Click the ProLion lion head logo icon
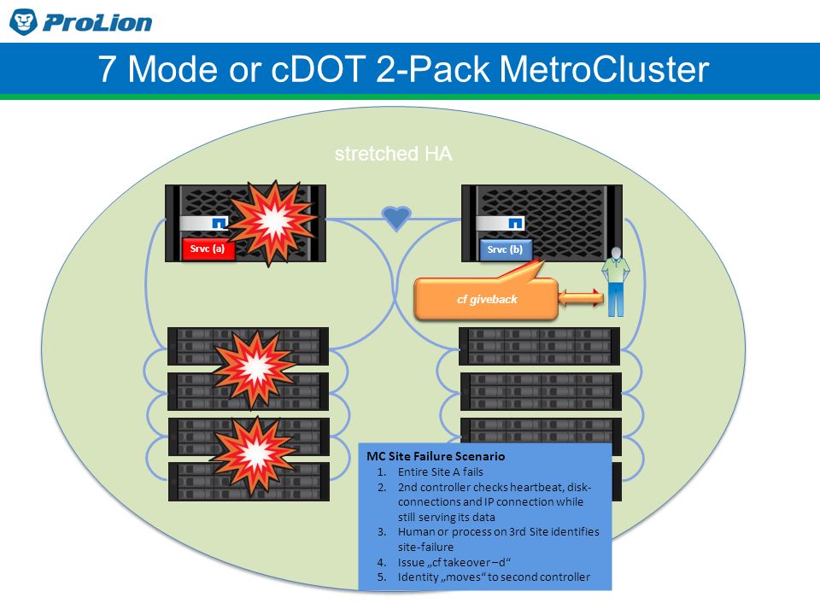tap(24, 22)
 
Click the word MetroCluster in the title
tap(604, 69)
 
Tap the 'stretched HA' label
tap(393, 154)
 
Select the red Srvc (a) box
tap(208, 249)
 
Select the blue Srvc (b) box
tap(505, 250)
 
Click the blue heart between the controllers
tap(396, 217)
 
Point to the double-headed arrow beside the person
tap(581, 298)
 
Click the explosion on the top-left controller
tap(272, 222)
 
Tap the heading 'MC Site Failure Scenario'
tap(436, 456)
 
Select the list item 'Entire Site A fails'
tap(441, 471)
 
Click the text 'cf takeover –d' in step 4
tap(454, 562)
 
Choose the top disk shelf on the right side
tap(539, 346)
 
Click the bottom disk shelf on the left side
tap(249, 482)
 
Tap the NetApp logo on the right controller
tap(515, 223)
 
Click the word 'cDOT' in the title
tap(318, 69)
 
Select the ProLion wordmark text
tap(97, 22)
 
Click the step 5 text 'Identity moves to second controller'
tap(494, 577)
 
